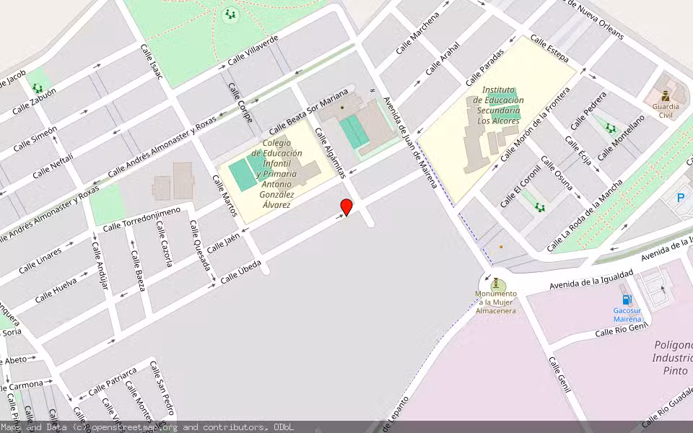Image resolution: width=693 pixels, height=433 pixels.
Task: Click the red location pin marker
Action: [x=346, y=207]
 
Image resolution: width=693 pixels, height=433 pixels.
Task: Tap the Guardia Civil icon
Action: [x=665, y=95]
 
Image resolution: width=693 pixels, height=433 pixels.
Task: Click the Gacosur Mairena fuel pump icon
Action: [x=627, y=299]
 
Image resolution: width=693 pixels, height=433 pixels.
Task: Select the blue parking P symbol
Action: [x=680, y=198]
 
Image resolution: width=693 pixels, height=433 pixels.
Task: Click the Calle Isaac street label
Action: [x=156, y=66]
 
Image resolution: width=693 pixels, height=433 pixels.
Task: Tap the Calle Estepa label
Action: [x=549, y=48]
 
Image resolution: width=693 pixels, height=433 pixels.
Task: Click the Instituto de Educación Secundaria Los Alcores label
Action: [x=499, y=105]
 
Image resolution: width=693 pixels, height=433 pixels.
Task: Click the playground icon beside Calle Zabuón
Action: [x=38, y=88]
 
